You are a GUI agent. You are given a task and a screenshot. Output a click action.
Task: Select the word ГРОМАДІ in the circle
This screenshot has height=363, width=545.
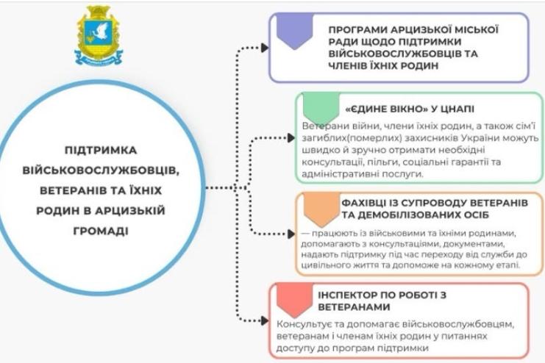click(x=117, y=230)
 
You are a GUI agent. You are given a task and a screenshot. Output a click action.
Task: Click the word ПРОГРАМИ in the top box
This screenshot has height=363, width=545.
click(x=357, y=29)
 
